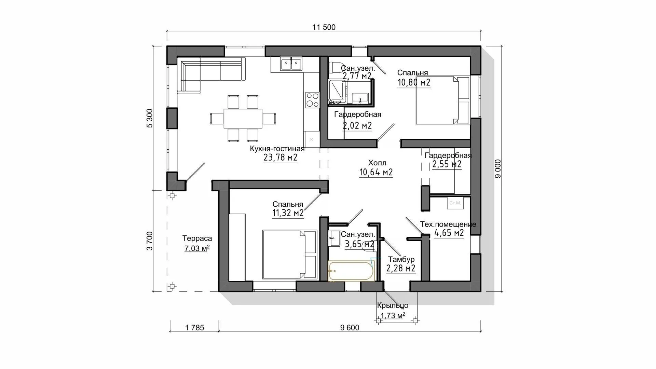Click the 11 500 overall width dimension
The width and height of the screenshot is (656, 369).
point(324,27)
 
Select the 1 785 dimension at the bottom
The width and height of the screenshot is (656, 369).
point(195,328)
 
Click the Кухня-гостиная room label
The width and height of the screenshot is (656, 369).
point(277,149)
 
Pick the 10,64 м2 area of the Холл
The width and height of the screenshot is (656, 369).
point(376,172)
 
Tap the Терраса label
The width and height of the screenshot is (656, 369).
point(197,238)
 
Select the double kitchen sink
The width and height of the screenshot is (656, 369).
point(291,64)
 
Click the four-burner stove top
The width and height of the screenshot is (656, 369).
point(312,100)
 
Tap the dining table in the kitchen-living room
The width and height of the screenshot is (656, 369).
point(243,118)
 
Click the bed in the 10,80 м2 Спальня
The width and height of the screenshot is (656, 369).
point(443,100)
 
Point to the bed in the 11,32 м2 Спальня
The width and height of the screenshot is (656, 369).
point(290,255)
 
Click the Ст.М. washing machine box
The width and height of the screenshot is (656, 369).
point(455,203)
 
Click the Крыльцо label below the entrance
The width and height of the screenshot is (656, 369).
point(393,305)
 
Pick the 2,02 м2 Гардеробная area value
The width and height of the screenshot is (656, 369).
point(357,126)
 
